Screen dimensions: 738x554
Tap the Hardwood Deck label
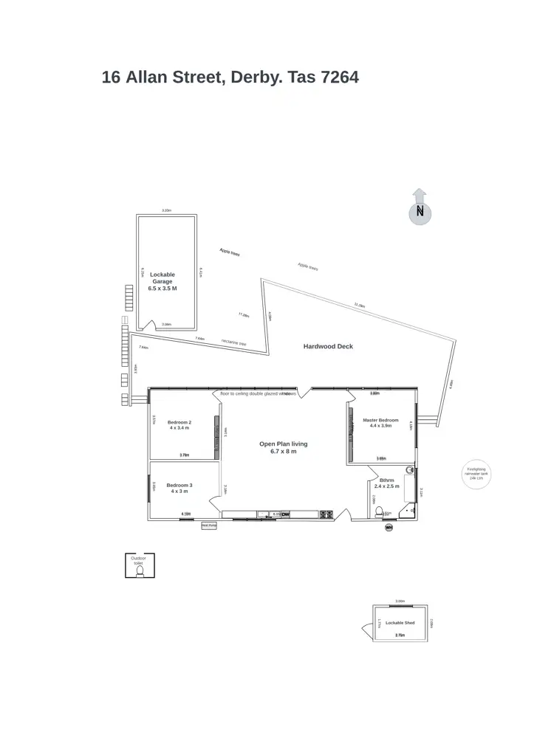click(x=328, y=346)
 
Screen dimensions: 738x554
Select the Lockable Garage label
click(x=163, y=281)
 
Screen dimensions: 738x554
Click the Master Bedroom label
click(x=381, y=423)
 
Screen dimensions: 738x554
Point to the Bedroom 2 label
click(x=179, y=424)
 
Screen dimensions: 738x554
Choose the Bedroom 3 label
click(x=180, y=488)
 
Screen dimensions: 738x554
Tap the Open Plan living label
click(x=283, y=447)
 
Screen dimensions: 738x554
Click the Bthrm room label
click(x=386, y=483)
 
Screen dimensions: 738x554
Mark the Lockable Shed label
click(x=400, y=623)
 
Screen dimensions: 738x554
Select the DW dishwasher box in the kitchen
click(x=285, y=514)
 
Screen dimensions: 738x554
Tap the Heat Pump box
click(x=209, y=525)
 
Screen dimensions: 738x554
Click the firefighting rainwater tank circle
click(x=473, y=473)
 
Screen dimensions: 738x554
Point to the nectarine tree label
click(x=233, y=342)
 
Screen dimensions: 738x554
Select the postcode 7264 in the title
click(x=340, y=77)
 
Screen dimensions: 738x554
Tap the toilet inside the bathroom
click(x=379, y=511)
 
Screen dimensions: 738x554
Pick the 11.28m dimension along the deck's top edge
click(x=359, y=304)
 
